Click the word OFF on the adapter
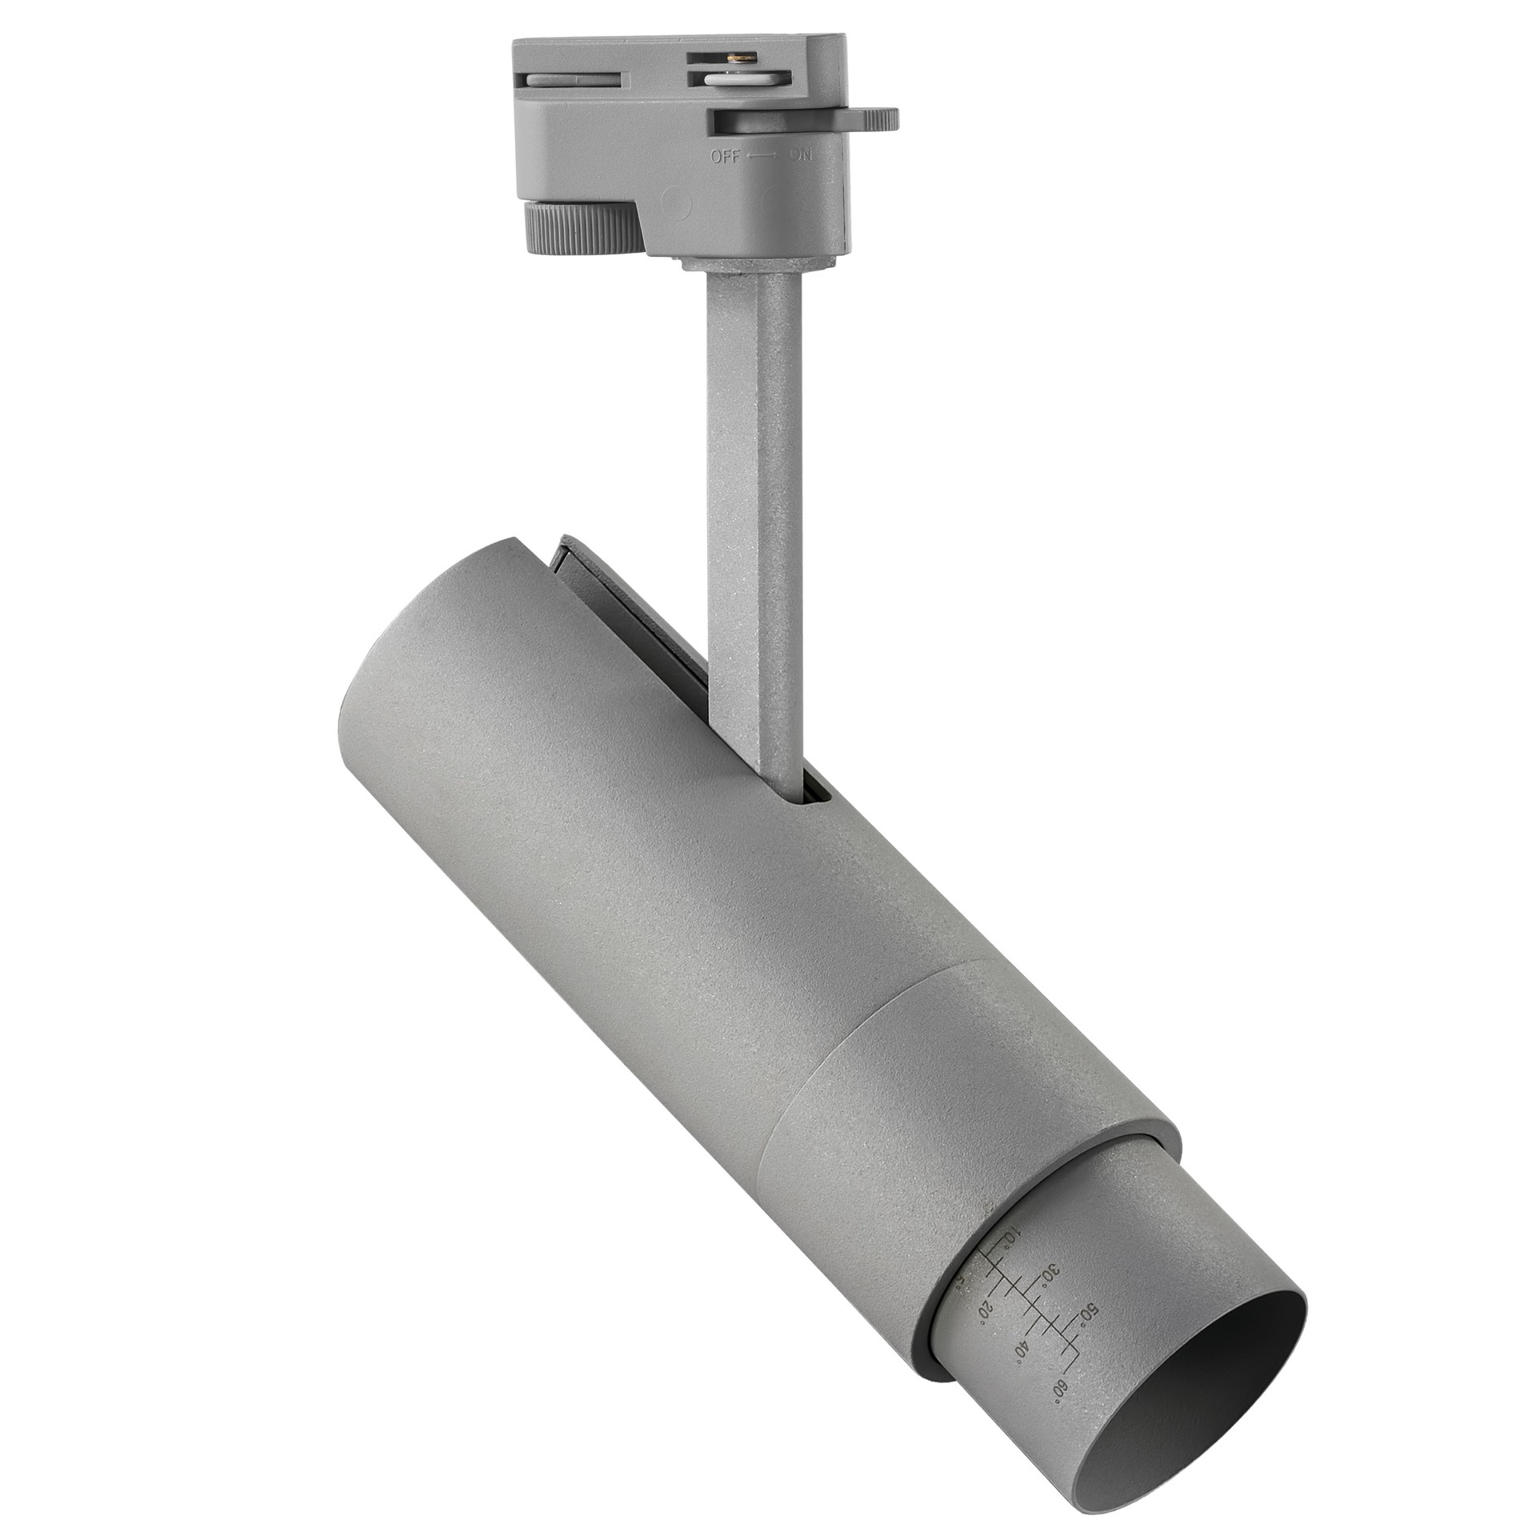pyautogui.click(x=725, y=156)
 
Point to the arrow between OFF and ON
pyautogui.click(x=762, y=157)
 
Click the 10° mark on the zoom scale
pyautogui.click(x=1010, y=1235)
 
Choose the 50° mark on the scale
pyautogui.click(x=1087, y=1313)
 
